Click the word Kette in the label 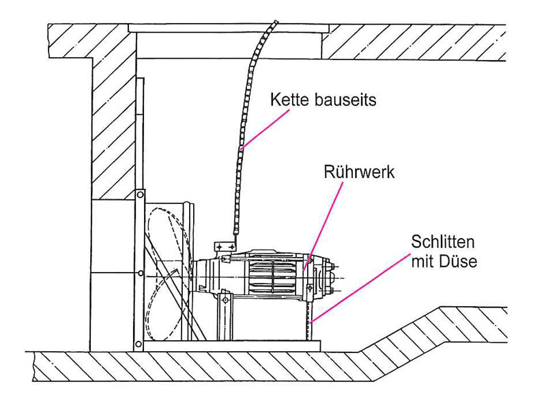tap(289, 100)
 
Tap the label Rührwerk tap(359, 172)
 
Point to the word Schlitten tap(442, 242)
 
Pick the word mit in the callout tap(422, 261)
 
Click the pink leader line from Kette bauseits tap(265, 130)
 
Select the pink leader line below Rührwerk tap(323, 226)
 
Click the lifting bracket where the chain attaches tap(225, 246)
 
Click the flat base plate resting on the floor tap(231, 346)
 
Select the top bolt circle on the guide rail tap(140, 194)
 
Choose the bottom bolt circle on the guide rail tap(139, 344)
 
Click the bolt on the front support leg tap(226, 300)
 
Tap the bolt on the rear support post tap(309, 287)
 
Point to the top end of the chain tap(276, 22)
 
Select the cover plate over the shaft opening tap(229, 28)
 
